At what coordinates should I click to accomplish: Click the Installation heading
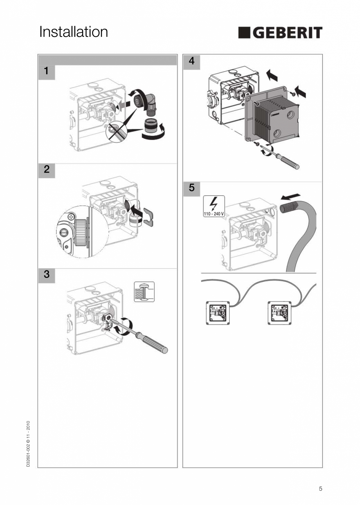click(x=74, y=32)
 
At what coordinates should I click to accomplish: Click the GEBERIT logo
click(x=280, y=33)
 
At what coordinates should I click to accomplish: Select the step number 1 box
click(x=47, y=72)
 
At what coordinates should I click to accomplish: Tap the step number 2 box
click(x=47, y=170)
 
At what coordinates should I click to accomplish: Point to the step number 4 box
click(x=191, y=61)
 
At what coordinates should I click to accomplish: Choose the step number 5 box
click(x=191, y=188)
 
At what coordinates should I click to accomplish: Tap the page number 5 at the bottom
click(x=320, y=489)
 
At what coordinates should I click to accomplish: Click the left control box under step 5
click(x=217, y=312)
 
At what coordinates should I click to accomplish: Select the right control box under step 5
click(x=279, y=312)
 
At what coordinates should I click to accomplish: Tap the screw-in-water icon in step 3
click(x=144, y=292)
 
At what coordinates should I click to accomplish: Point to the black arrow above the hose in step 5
click(x=291, y=195)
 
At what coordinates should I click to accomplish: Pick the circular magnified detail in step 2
click(x=82, y=232)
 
